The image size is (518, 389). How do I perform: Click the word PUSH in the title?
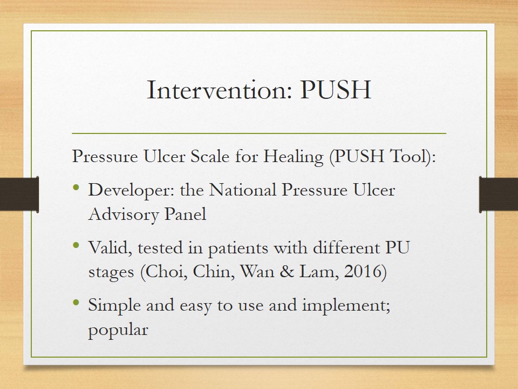[x=336, y=90]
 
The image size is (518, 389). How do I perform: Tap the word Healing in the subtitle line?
[x=293, y=157]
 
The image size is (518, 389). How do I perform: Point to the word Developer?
[x=131, y=191]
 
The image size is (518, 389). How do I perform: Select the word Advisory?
[x=124, y=214]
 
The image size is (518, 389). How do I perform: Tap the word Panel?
[x=185, y=214]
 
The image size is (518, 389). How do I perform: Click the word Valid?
[x=110, y=247]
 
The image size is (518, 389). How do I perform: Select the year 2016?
[x=363, y=272]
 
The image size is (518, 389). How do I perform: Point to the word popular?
[x=118, y=330]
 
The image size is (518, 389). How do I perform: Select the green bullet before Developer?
[x=76, y=187]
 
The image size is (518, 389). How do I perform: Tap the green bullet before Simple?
[x=76, y=303]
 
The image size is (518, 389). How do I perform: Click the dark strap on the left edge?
[x=19, y=194]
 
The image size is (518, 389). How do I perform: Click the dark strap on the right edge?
[x=499, y=194]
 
